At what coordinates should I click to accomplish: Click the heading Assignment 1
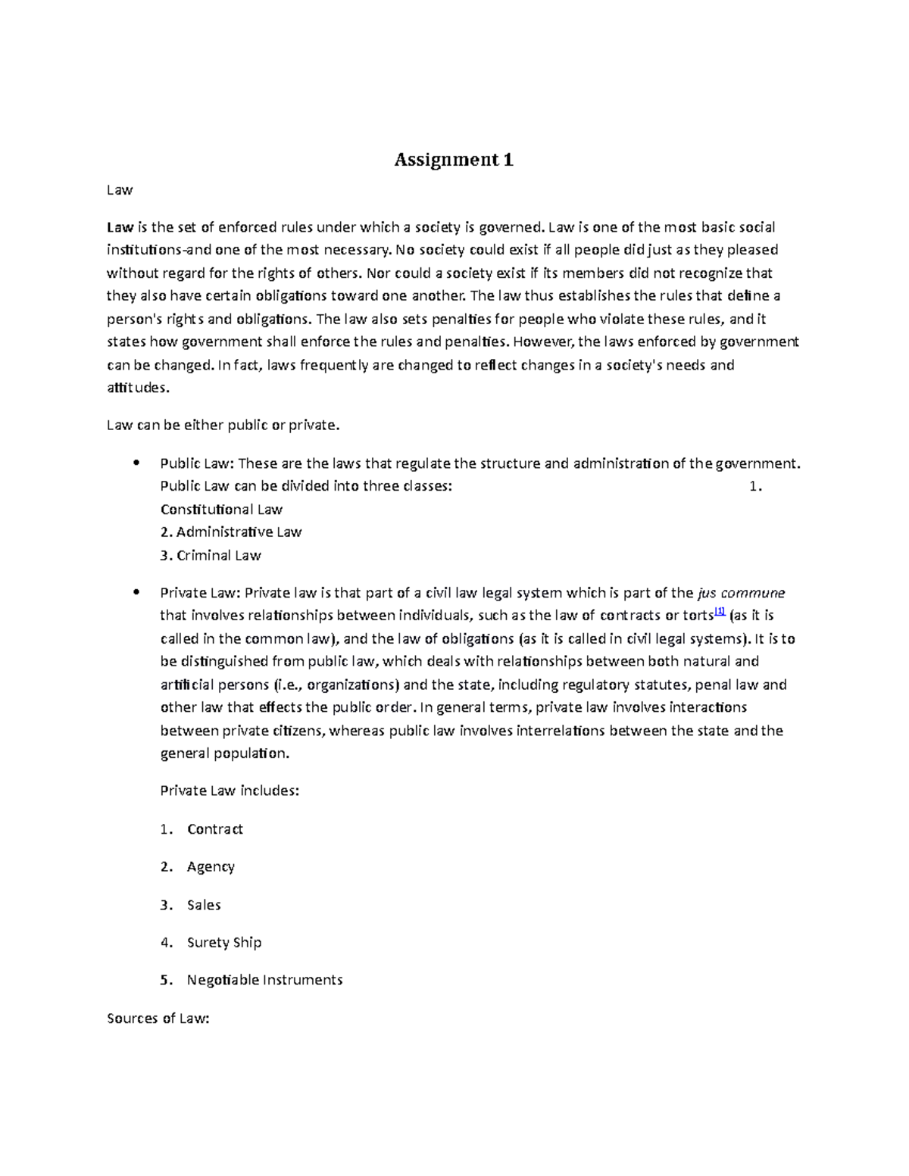(454, 160)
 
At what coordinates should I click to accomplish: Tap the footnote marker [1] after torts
(720, 612)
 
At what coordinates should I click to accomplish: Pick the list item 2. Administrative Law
(231, 532)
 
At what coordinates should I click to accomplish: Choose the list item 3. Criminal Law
(211, 555)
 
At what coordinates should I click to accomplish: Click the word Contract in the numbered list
(215, 828)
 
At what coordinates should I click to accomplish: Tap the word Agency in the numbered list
(211, 866)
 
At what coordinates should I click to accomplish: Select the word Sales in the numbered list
(204, 904)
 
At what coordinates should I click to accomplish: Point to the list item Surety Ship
(224, 942)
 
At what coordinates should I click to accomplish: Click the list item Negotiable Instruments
(264, 980)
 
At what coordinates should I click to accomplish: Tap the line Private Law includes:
(230, 791)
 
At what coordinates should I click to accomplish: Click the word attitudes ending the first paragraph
(133, 388)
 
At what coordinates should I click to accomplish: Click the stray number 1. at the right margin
(754, 486)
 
